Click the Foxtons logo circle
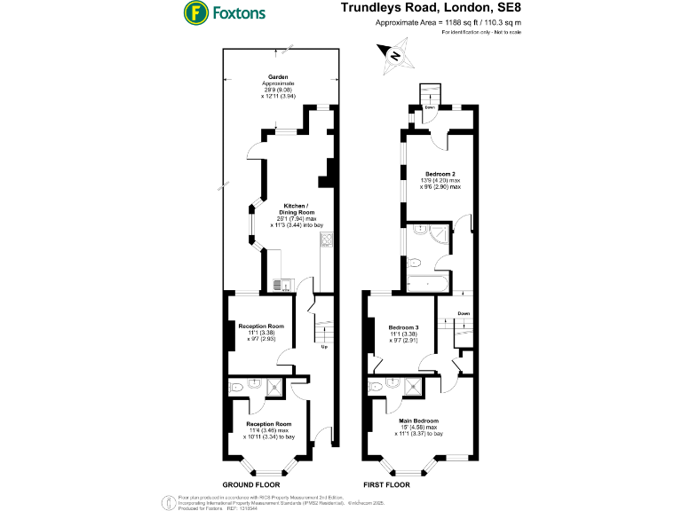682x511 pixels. [194, 12]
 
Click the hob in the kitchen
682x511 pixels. [326, 239]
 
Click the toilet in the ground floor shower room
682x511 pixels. [237, 386]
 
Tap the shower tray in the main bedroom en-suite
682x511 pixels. [413, 386]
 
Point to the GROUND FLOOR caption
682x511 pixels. [250, 485]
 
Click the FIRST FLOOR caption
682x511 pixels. [387, 485]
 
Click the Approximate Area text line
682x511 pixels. [448, 22]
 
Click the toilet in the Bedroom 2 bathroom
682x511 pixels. [415, 262]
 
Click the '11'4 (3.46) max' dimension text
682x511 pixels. [268, 430]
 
